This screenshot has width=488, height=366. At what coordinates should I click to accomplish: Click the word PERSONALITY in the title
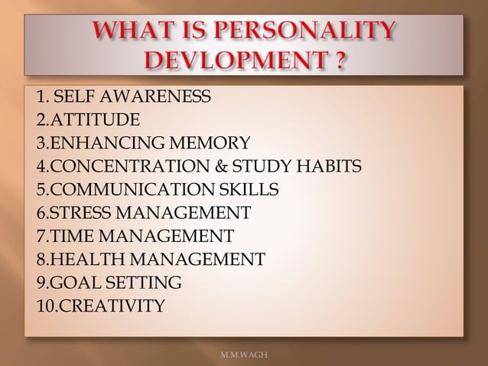pos(311,33)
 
